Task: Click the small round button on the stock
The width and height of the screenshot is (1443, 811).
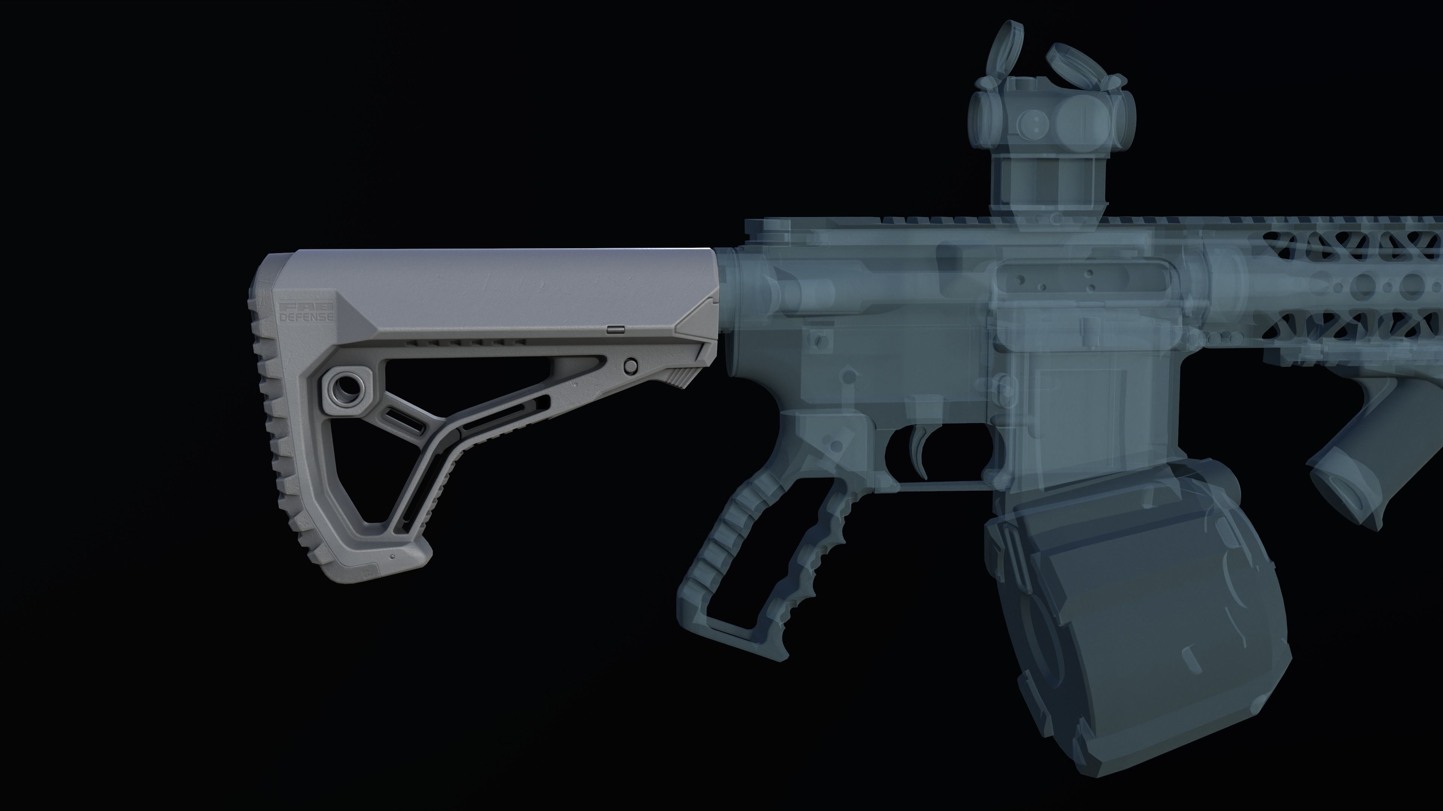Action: pyautogui.click(x=631, y=366)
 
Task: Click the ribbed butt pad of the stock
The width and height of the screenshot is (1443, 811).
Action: pyautogui.click(x=274, y=425)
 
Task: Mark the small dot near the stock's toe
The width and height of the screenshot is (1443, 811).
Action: pyautogui.click(x=392, y=557)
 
